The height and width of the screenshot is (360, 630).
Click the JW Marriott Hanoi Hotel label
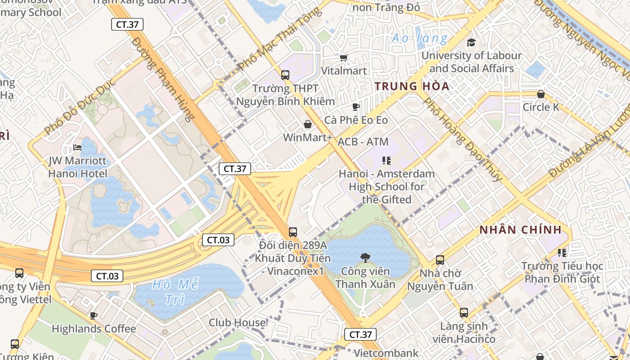[77, 167]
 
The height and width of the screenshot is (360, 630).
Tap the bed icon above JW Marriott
[77, 148]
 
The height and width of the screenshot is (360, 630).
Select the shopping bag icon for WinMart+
[308, 124]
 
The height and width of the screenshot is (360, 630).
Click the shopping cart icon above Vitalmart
[344, 58]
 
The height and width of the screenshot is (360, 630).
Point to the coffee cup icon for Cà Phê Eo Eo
[355, 107]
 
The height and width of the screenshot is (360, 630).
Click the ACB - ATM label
[363, 142]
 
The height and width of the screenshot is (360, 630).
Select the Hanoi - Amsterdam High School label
[387, 186]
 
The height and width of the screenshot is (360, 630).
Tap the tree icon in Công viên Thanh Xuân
[365, 258]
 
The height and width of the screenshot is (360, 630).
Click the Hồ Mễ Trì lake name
[175, 292]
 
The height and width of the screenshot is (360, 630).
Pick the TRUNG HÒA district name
[412, 86]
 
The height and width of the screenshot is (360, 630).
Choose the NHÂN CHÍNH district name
[520, 230]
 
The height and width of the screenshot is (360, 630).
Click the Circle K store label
[541, 107]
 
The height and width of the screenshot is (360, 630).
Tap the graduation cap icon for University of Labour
[471, 43]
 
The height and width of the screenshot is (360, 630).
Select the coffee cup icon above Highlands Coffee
[94, 315]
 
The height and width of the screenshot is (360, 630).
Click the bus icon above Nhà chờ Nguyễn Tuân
[440, 260]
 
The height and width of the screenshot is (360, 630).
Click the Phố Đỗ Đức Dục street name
[80, 109]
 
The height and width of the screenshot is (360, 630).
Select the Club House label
[237, 323]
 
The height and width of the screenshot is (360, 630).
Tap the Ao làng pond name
[419, 38]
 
